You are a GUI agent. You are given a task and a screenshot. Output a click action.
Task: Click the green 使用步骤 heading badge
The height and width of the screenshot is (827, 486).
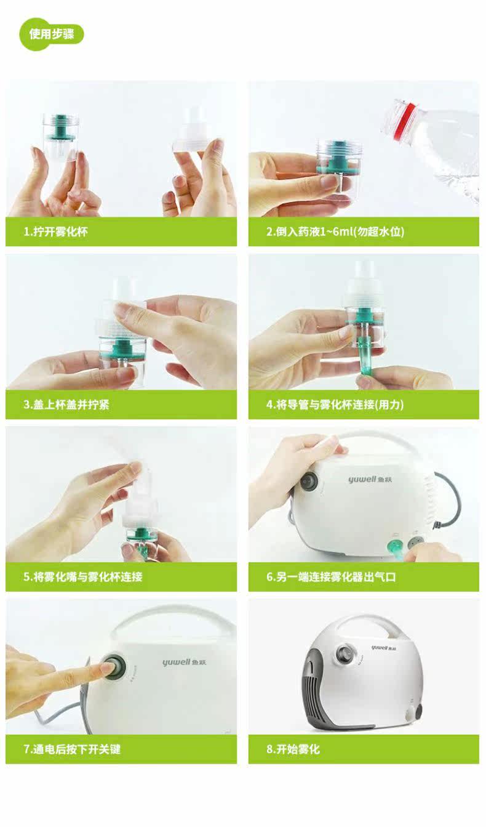[52, 34]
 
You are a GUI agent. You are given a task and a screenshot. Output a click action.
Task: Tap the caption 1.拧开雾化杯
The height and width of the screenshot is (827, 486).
[56, 232]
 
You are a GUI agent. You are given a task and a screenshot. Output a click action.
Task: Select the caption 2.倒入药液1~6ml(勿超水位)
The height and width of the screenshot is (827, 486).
[335, 232]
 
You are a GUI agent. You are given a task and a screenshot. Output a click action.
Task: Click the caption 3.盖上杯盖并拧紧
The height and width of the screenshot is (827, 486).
[66, 405]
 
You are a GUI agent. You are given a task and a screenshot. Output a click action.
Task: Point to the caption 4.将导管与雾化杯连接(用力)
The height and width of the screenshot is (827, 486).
[335, 405]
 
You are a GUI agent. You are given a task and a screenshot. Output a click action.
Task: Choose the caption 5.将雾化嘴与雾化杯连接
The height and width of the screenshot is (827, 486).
[83, 577]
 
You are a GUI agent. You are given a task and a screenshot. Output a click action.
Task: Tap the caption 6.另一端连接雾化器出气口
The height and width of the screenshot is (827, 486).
[331, 577]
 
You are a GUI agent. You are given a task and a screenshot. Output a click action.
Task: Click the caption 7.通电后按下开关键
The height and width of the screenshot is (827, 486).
[72, 749]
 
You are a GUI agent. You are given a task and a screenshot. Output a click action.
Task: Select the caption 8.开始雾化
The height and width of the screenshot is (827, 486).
[293, 749]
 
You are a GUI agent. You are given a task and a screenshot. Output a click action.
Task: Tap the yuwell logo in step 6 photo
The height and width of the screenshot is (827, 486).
[370, 480]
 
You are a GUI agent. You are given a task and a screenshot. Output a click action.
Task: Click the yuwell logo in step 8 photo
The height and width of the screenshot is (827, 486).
[384, 648]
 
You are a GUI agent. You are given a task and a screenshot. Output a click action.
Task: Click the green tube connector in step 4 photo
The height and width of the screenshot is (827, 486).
[365, 362]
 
